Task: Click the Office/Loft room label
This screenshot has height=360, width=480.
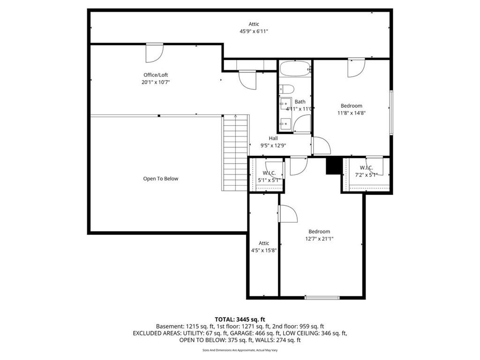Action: (x=156, y=75)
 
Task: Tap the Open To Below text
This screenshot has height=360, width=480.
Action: (x=160, y=179)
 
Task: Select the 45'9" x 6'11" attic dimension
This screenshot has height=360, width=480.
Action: (x=254, y=31)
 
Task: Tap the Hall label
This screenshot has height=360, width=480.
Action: (x=273, y=138)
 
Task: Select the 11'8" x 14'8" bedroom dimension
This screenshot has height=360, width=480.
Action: (x=352, y=113)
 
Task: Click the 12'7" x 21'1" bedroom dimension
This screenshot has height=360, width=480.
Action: (x=319, y=239)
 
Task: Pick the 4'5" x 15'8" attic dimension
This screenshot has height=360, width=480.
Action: (x=264, y=250)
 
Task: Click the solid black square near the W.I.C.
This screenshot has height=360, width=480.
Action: (x=333, y=165)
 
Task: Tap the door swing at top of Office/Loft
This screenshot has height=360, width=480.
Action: (x=154, y=53)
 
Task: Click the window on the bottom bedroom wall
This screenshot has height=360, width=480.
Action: (x=322, y=297)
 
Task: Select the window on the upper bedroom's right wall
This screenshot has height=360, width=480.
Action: (x=391, y=112)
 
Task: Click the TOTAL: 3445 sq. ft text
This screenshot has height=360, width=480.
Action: (x=240, y=320)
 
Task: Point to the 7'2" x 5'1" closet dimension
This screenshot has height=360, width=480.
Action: (x=366, y=175)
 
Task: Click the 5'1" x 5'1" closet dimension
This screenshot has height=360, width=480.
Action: (x=269, y=180)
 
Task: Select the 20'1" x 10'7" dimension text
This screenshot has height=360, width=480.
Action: (x=156, y=82)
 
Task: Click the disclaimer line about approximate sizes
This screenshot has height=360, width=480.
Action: (x=240, y=350)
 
